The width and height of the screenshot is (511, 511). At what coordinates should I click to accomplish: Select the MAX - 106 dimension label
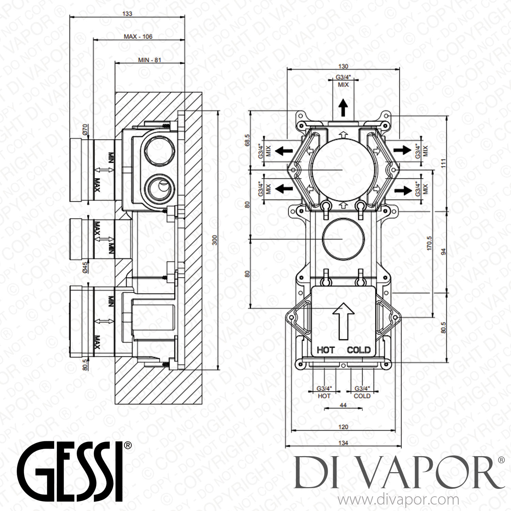pyautogui.click(x=138, y=36)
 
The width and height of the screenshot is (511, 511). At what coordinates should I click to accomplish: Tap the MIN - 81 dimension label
pyautogui.click(x=149, y=60)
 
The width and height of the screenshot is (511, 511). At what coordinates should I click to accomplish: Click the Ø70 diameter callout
pyautogui.click(x=86, y=130)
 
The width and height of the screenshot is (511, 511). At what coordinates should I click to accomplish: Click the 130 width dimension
pyautogui.click(x=343, y=66)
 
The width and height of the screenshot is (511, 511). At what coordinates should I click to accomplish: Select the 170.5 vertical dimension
pyautogui.click(x=429, y=244)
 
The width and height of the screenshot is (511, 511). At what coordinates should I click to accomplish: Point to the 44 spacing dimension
pyautogui.click(x=343, y=405)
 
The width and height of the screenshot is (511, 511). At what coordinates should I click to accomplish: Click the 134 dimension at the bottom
pyautogui.click(x=343, y=443)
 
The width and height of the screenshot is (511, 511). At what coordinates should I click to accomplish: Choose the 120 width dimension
pyautogui.click(x=343, y=427)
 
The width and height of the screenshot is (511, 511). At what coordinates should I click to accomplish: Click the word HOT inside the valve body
pyautogui.click(x=326, y=350)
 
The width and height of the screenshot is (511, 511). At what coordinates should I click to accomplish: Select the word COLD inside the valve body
pyautogui.click(x=358, y=350)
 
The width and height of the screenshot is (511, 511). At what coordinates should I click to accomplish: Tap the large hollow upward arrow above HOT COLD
pyautogui.click(x=343, y=321)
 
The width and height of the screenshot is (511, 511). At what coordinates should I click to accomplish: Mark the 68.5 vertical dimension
pyautogui.click(x=248, y=140)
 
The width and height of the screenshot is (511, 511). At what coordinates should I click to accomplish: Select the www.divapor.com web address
pyautogui.click(x=397, y=500)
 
